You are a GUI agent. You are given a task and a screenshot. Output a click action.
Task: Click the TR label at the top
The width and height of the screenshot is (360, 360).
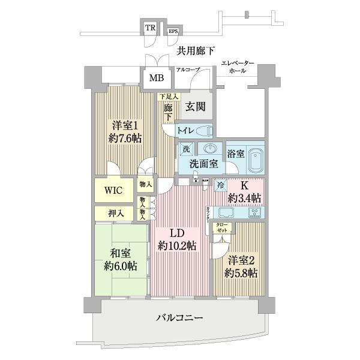coord(149,28)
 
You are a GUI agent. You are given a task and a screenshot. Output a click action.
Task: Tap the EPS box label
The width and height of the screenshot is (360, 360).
coord(173,30)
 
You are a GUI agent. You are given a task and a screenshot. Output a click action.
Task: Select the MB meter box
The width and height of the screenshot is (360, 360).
coord(157,77)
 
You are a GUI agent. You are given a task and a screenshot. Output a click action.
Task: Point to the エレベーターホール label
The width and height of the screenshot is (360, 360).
coord(238,67)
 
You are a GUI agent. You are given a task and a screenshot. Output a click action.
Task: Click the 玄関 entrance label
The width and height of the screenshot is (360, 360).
coord(196,107)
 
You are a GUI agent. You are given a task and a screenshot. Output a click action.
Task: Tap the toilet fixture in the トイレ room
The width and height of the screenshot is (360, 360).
coord(202,129)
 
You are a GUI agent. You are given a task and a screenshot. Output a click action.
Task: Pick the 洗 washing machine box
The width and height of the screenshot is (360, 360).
coord(187,149)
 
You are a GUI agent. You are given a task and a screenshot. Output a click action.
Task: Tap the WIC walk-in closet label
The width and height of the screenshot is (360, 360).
coord(113,190)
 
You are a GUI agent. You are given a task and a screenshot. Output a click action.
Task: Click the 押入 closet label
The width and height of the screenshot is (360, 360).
coord(116,212)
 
